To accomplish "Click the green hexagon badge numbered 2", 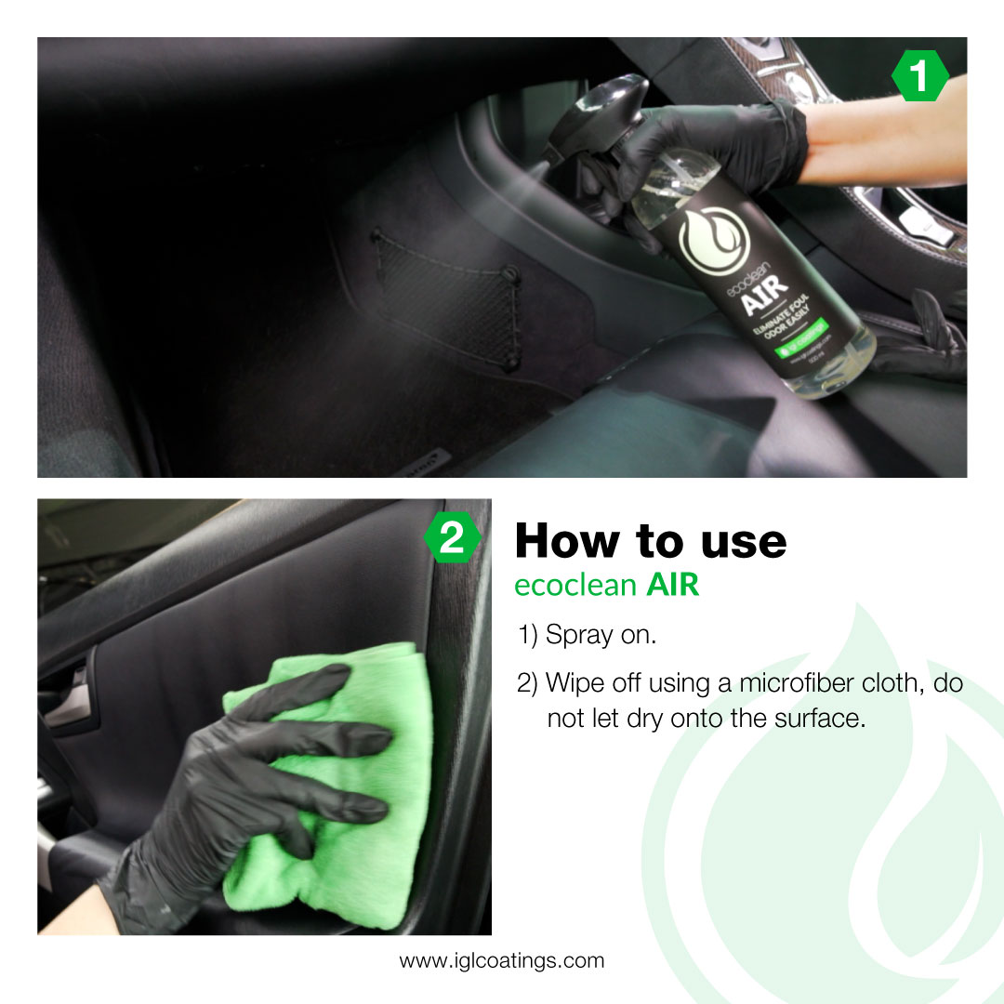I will point(452,538).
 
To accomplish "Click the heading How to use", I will point(650,541).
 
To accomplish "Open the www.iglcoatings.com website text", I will point(501,960).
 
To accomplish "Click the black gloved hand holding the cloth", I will point(242,790).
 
